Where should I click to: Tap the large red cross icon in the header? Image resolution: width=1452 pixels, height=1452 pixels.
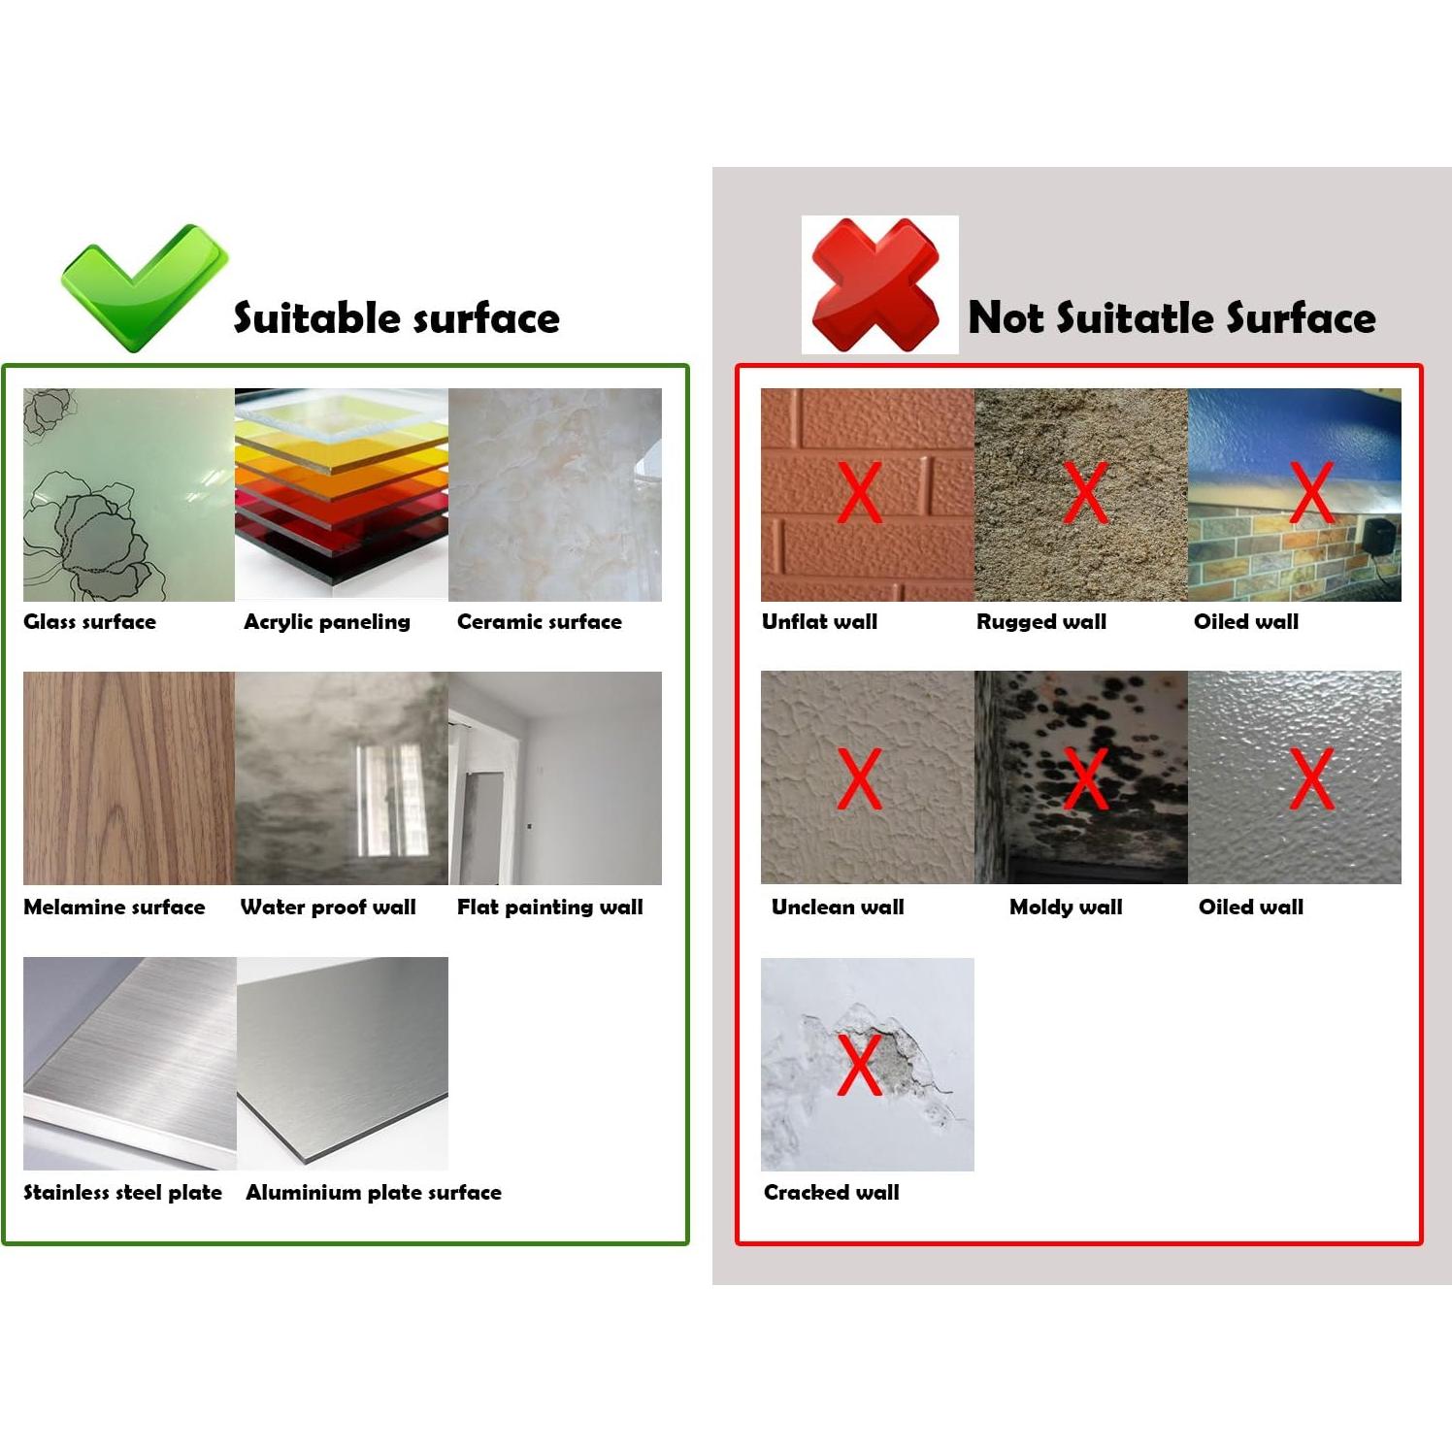click(876, 285)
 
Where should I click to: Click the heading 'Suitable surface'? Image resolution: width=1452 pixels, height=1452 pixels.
click(396, 318)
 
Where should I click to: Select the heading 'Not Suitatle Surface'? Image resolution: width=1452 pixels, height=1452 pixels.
click(1171, 318)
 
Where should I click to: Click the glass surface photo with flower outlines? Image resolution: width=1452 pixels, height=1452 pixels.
click(128, 495)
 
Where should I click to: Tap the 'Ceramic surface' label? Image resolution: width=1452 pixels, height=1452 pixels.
click(539, 622)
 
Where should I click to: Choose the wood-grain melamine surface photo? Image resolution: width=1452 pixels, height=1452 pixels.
click(128, 777)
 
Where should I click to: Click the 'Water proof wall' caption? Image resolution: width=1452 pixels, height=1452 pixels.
click(328, 907)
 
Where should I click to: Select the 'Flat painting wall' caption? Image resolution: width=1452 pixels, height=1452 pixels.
click(549, 907)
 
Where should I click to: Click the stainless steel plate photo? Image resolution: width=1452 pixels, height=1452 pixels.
click(129, 1063)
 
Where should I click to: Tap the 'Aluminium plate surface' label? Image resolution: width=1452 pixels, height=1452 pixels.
click(374, 1193)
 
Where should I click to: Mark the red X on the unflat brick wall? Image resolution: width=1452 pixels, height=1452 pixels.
click(859, 492)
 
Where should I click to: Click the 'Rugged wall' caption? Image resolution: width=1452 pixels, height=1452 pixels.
click(1040, 622)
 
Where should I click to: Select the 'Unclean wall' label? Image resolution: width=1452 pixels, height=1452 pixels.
click(838, 907)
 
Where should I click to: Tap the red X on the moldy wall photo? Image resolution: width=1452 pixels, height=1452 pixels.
click(1085, 778)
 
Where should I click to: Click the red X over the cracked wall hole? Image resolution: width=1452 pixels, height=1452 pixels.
click(859, 1064)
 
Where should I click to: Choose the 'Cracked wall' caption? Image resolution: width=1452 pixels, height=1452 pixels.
click(831, 1193)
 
